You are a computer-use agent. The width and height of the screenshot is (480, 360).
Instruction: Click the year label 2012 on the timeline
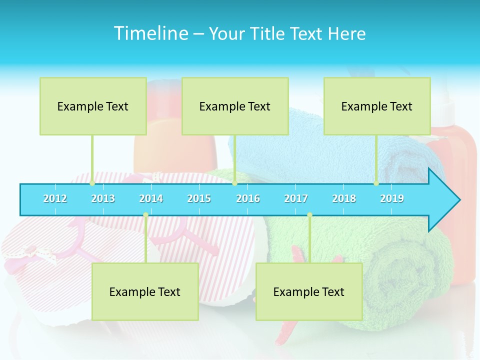(55, 198)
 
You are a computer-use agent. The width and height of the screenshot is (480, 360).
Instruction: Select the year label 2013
(103, 198)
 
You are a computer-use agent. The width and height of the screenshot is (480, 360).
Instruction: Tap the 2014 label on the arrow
(151, 198)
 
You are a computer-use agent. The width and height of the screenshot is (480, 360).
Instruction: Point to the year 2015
(199, 198)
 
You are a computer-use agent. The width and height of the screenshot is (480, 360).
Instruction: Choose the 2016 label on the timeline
(248, 198)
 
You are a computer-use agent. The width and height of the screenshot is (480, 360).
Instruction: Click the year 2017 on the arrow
(296, 198)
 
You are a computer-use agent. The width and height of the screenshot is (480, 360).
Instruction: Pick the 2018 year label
(344, 198)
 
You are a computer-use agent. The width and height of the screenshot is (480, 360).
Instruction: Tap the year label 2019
(392, 198)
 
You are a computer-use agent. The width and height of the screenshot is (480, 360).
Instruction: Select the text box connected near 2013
(93, 106)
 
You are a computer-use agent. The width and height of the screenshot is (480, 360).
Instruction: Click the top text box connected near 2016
(235, 106)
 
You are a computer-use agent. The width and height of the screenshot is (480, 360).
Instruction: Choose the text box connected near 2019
(377, 106)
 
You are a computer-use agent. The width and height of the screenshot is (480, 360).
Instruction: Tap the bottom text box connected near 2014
(145, 292)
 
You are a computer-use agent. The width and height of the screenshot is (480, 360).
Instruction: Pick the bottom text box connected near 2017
(309, 292)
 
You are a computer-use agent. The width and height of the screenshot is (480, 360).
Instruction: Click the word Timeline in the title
(149, 33)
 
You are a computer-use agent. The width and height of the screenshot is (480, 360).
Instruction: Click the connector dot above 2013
(92, 183)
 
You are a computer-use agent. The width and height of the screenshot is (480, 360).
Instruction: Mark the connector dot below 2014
(145, 215)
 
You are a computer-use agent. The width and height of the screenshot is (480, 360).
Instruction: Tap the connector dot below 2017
(309, 215)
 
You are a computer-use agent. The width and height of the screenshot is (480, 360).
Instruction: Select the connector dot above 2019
(376, 183)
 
